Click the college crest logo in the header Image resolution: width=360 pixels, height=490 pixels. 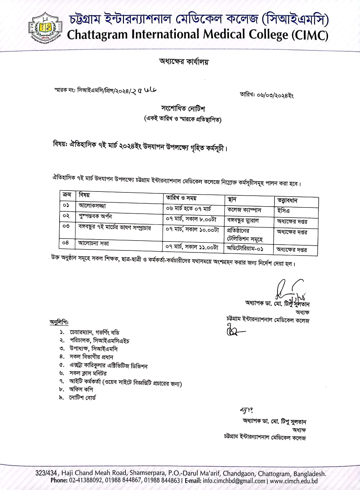45,28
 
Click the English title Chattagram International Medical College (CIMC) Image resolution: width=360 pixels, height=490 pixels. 197,35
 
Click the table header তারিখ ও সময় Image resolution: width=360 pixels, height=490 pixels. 181,198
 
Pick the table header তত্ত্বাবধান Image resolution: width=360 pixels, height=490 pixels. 287,200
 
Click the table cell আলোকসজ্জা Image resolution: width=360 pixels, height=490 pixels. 92,206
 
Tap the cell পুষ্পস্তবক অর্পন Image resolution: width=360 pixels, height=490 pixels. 95,216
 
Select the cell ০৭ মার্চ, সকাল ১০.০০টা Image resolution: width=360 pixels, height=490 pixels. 192,230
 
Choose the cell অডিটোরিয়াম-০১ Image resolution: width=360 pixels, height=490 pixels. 245,248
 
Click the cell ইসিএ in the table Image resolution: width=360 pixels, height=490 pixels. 283,211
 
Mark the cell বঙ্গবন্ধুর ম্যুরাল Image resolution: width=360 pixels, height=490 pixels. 243,220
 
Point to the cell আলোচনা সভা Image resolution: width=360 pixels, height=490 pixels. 94,243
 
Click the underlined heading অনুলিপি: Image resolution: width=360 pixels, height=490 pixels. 59,322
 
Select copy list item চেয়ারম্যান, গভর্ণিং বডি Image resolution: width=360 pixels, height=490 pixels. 94,332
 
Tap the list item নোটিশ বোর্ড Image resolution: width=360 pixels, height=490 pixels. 82,398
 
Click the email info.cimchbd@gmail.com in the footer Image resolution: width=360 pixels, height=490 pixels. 234,481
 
